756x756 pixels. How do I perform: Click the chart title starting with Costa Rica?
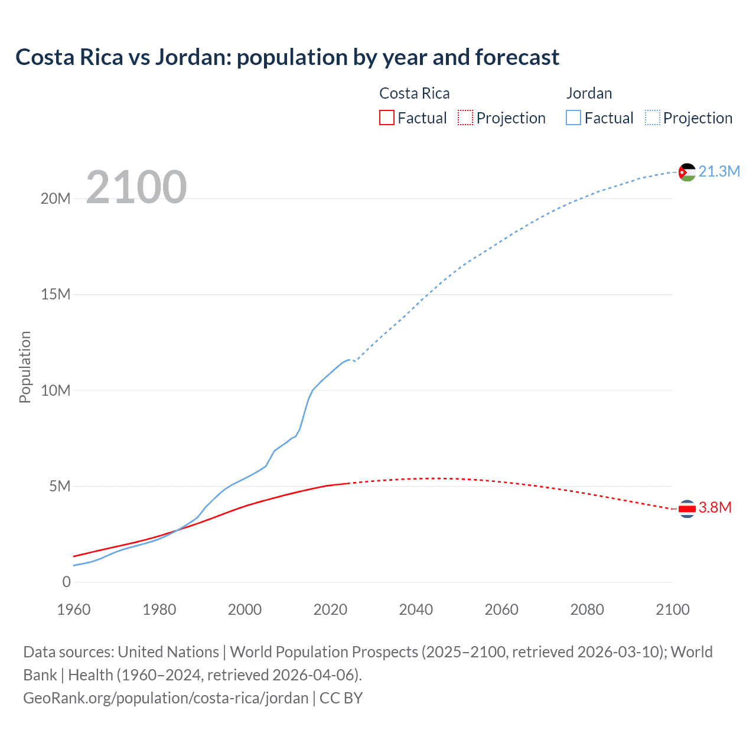point(287,57)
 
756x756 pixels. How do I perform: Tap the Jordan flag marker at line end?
point(687,172)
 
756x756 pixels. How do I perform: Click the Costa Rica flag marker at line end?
point(687,508)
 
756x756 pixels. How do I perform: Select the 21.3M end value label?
point(719,171)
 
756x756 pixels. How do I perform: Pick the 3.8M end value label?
point(715,508)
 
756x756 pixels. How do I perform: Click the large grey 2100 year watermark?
point(136,187)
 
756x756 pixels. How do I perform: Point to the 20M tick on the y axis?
point(56,198)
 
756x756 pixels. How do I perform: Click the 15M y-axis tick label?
point(56,294)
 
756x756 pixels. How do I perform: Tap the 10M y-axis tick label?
point(56,390)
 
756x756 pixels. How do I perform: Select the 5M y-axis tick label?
point(60,486)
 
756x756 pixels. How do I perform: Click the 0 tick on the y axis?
point(66,582)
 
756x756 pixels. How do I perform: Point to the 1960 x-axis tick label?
point(74,610)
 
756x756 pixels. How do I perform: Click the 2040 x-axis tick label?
point(416,610)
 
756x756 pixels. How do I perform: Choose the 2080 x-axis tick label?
point(587,610)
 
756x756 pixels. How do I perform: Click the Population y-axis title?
point(25,367)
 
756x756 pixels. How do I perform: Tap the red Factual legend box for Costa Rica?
point(387,118)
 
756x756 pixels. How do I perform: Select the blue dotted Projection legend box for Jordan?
point(653,118)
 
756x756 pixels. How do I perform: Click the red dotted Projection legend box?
point(465,118)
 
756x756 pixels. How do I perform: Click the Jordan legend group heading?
point(589,93)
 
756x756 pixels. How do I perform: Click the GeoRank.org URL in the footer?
point(166,698)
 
